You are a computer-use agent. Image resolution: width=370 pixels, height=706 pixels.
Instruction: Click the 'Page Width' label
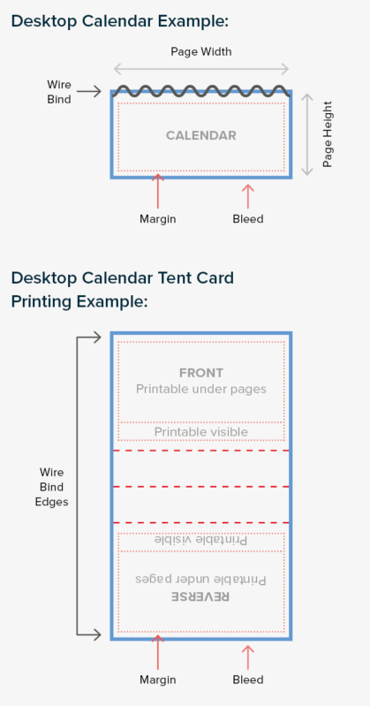pos(201,52)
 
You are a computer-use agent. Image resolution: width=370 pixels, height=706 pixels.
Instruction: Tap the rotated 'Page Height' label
pos(328,134)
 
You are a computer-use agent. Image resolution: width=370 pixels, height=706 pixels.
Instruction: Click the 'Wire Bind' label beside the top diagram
pos(59,92)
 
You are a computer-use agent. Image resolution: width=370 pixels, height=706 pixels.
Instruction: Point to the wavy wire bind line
pos(200,91)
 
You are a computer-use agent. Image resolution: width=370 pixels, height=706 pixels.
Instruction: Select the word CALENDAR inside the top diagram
pos(201,135)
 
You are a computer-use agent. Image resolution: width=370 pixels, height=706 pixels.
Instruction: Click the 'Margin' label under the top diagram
pos(157,219)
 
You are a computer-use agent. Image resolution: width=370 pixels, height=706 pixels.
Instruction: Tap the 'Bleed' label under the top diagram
pos(248,219)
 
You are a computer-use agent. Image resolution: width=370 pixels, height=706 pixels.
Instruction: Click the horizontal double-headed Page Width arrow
pos(200,69)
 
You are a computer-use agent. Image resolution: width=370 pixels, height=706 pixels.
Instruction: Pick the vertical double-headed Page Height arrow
pos(307,134)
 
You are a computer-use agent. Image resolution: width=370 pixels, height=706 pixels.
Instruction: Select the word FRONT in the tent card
pos(201,373)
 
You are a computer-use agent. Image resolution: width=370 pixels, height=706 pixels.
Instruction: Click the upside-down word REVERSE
pos(200,596)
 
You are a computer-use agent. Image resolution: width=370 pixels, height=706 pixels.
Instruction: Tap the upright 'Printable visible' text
pos(201,432)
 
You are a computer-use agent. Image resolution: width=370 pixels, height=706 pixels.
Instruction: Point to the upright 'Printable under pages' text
pos(201,389)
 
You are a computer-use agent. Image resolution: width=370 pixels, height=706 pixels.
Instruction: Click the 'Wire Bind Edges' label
pos(52,487)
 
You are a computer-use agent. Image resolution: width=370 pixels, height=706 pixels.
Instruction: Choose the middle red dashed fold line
pos(200,487)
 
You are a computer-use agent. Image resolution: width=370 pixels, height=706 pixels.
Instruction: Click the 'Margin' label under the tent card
pos(157,679)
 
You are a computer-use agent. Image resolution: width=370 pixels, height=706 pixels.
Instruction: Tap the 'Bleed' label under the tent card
pos(248,679)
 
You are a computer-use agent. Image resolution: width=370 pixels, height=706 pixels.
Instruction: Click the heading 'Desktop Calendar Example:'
pos(120,21)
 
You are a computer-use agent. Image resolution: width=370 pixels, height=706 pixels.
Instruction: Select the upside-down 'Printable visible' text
pos(201,540)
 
